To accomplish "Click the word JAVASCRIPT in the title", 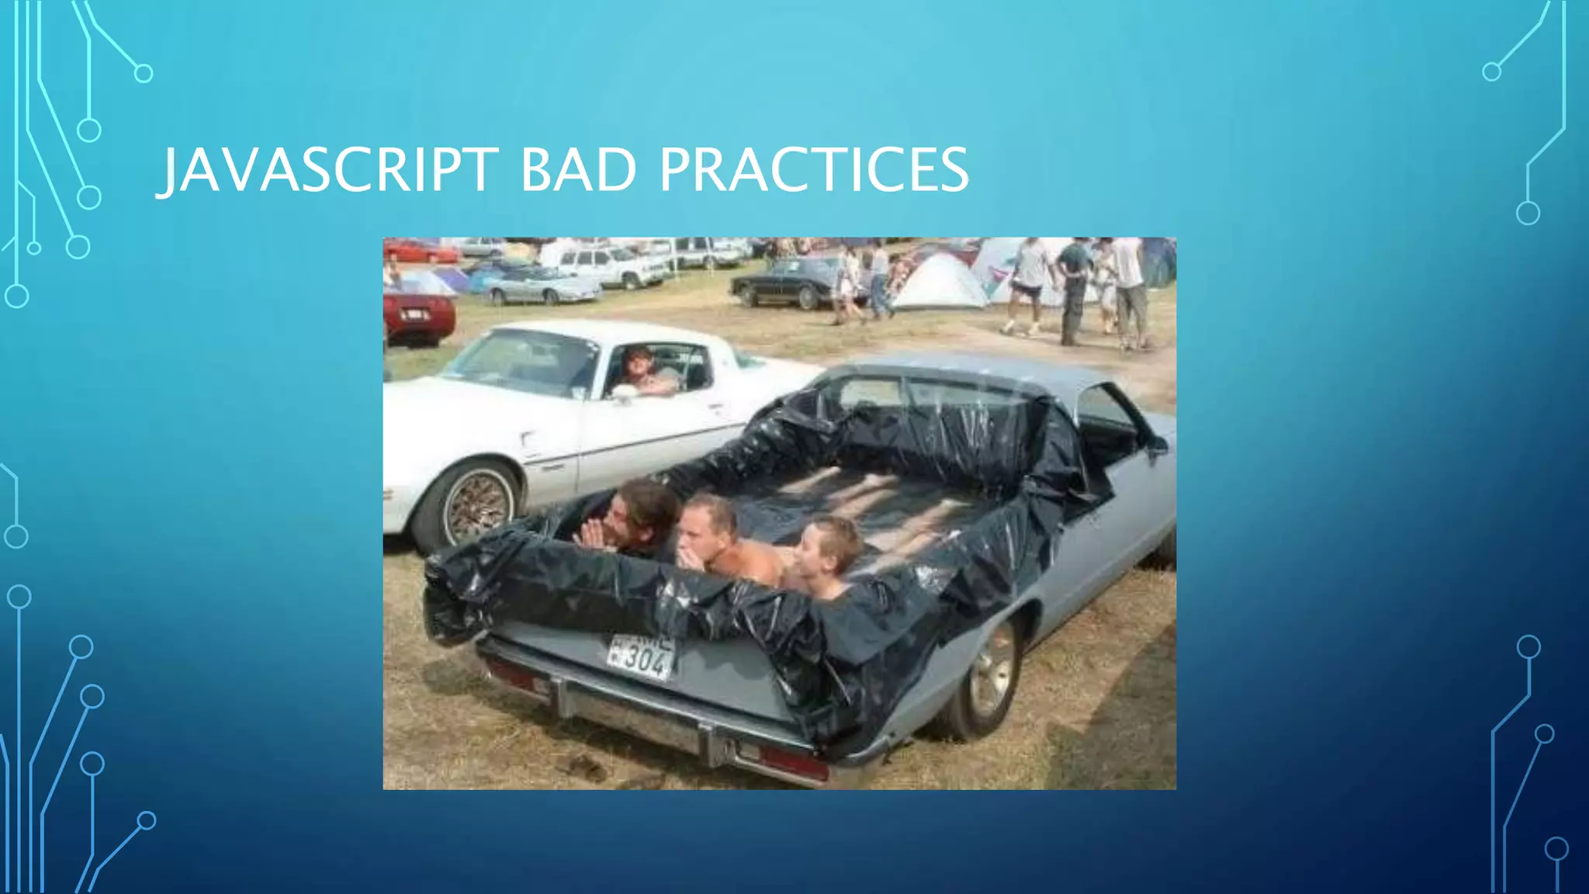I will (326, 170).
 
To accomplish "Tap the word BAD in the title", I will (578, 170).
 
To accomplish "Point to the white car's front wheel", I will (474, 504).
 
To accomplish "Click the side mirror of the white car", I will (624, 393).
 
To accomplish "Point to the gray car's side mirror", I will (1156, 445).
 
